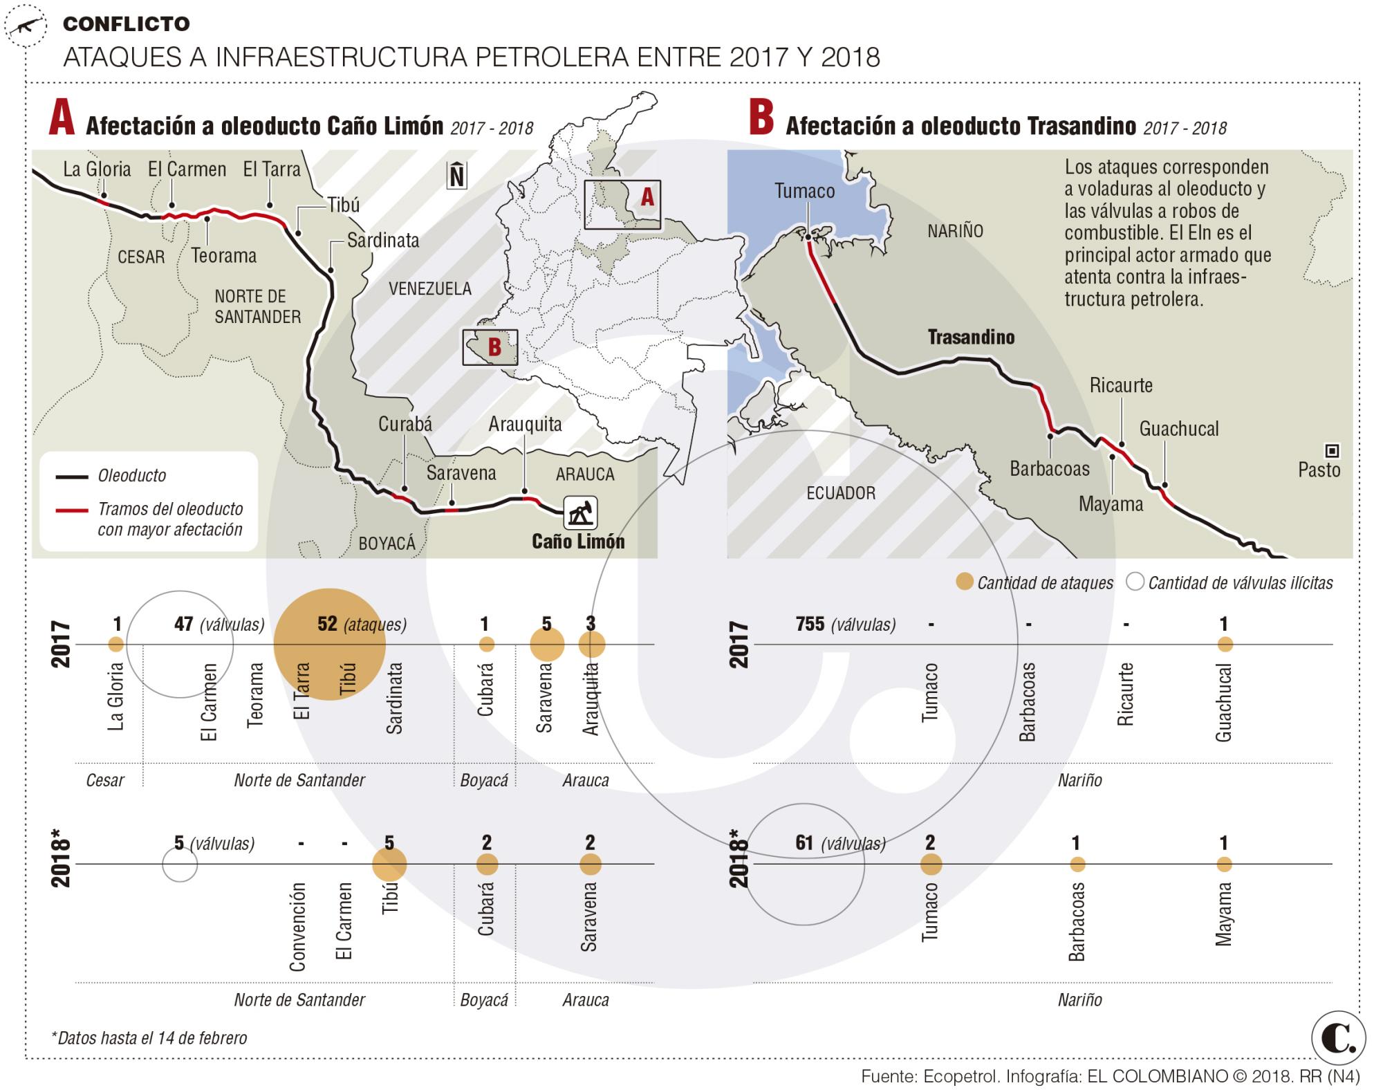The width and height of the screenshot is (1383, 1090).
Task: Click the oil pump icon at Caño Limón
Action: (579, 513)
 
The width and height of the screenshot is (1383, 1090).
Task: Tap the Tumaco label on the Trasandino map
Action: (804, 191)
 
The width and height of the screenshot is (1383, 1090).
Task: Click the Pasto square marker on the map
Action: (1332, 452)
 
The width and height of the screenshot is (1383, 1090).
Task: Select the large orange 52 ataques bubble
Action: (329, 644)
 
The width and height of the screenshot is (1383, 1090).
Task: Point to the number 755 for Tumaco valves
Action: (810, 624)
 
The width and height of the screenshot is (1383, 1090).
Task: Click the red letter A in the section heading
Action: (62, 120)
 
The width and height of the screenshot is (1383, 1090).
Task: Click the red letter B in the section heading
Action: (761, 120)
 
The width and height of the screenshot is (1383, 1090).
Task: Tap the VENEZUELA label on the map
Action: (429, 288)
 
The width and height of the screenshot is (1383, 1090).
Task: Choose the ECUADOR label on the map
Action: (841, 493)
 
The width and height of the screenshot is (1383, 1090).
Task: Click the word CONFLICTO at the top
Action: (126, 24)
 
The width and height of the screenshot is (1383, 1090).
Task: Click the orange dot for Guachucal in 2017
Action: (1225, 645)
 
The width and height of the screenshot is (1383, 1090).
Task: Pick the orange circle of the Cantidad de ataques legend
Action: (965, 582)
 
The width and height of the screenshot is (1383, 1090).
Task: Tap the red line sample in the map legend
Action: (73, 510)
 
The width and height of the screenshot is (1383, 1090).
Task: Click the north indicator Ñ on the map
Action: (456, 176)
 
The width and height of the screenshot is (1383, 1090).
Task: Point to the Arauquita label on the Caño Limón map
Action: (525, 424)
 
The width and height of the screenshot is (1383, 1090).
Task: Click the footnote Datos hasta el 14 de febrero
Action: (149, 1037)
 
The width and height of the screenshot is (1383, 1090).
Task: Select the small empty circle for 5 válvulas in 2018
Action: (180, 865)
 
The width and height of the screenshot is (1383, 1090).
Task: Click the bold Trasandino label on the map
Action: (971, 338)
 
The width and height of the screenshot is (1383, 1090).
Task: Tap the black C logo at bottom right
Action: (1338, 1039)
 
